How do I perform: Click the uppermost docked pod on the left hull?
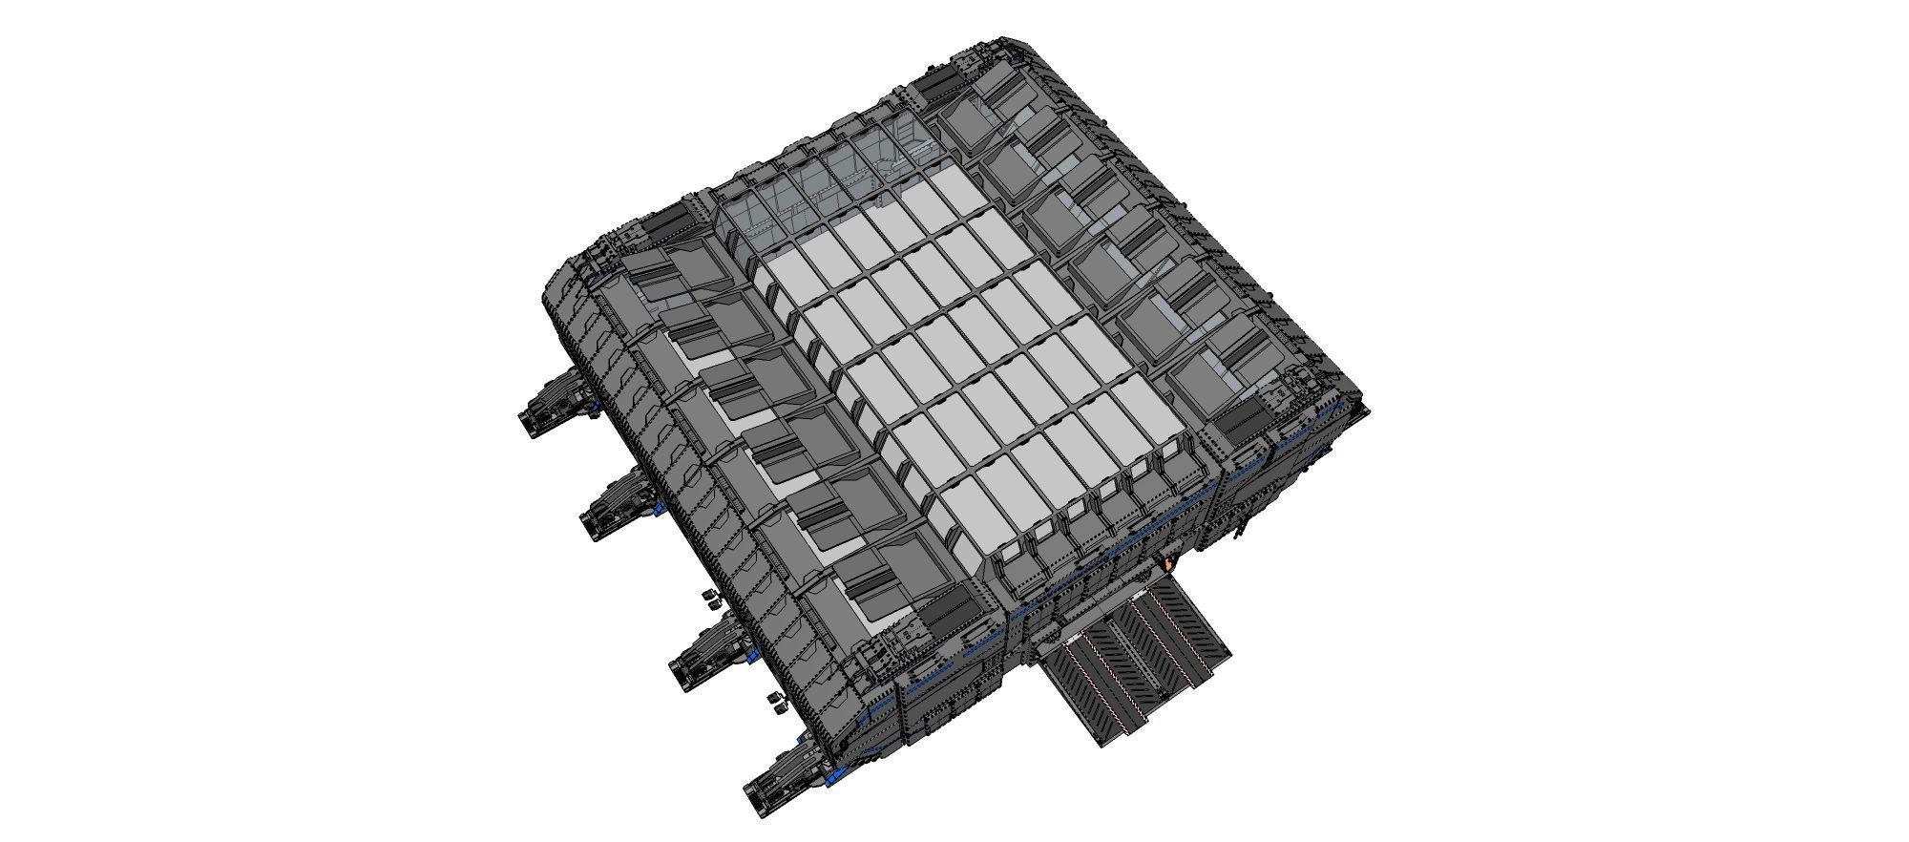point(552,405)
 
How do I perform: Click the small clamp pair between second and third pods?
point(711,598)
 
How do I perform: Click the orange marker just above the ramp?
point(1169,565)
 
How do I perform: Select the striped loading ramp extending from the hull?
point(1131,659)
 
